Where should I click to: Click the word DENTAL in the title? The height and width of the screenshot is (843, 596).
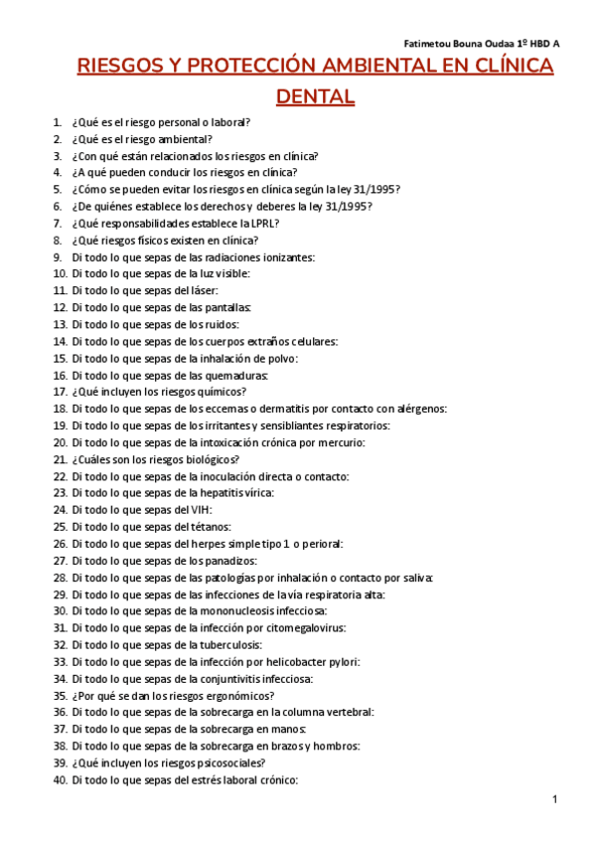coord(315,96)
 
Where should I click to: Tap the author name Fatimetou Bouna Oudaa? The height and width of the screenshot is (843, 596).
coord(466,45)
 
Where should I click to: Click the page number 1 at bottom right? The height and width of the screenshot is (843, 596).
coord(555,800)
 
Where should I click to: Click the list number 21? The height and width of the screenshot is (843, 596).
coord(60,459)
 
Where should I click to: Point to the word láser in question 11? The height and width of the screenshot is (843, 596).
coord(190,290)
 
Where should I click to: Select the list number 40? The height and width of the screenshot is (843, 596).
coord(60,780)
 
